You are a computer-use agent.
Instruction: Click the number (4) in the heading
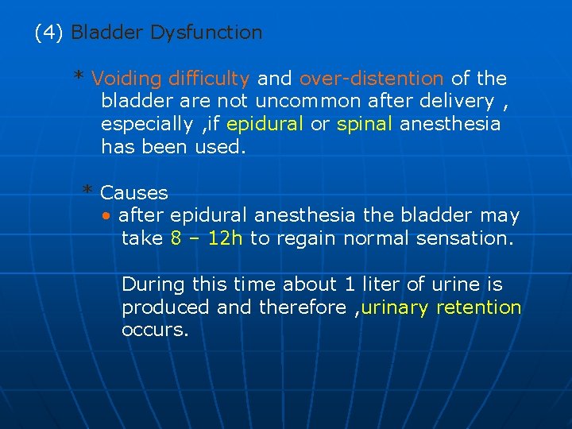coord(50,33)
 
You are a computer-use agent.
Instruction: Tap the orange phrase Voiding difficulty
coord(171,79)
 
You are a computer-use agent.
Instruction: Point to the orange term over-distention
coord(372,79)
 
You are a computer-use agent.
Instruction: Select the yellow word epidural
coord(265,124)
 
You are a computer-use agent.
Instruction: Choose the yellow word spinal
coord(365,124)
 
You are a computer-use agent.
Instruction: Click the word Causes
coord(134,193)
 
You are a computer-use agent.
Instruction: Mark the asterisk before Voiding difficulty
coord(79,77)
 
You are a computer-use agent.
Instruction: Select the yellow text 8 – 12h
coord(207,238)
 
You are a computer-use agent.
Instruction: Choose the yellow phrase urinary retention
coord(441,307)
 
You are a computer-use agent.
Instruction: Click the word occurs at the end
coord(155,330)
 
